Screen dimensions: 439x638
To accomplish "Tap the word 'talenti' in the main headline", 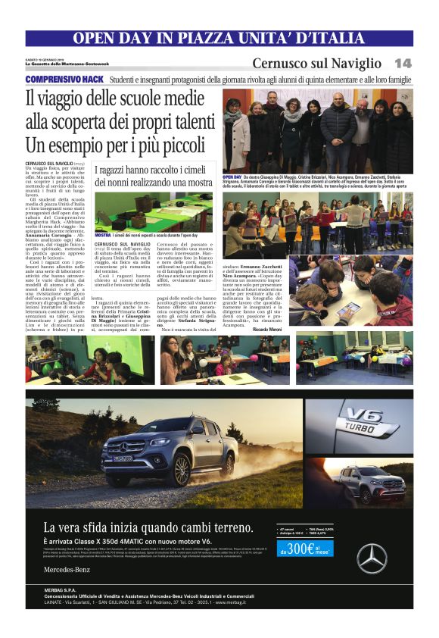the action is pos(185,120).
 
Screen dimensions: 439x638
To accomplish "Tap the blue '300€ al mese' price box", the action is pos(306,549).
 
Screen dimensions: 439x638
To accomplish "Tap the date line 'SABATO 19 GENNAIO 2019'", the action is pos(45,58).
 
